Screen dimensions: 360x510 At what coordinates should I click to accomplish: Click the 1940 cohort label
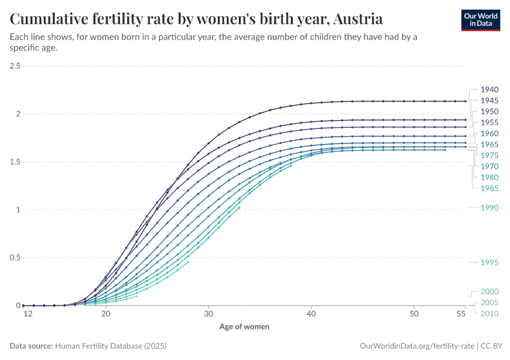point(490,90)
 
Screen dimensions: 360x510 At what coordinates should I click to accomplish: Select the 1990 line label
point(490,208)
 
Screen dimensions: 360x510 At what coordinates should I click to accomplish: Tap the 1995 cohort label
point(490,263)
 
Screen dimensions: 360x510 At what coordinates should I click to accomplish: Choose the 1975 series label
point(490,155)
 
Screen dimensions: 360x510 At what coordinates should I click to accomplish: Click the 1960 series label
point(490,133)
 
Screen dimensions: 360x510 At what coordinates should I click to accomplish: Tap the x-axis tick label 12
point(27,314)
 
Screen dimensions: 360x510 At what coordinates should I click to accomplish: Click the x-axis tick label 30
point(208,314)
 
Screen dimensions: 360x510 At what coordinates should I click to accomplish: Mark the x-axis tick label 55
point(461,314)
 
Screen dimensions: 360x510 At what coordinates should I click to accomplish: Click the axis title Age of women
point(244,327)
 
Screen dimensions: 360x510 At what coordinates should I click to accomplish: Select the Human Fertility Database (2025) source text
point(111,346)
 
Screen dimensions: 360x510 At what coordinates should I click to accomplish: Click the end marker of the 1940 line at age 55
point(465,101)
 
